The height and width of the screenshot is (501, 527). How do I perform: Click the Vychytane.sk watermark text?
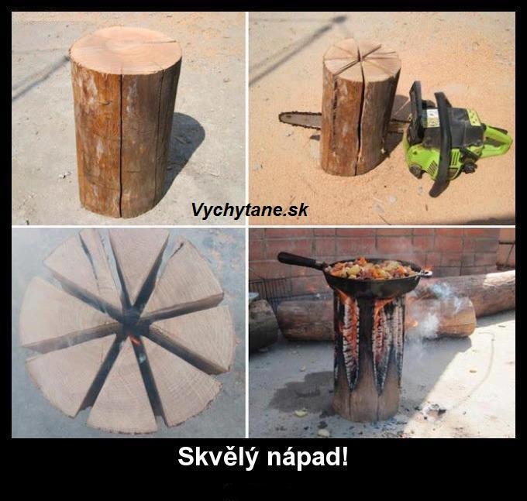250,211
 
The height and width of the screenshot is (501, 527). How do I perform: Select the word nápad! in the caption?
308,458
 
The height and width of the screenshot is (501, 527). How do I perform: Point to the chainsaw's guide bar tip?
280,117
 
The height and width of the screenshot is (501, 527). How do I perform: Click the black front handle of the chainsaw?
443,141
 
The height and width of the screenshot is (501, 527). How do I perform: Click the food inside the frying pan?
373,268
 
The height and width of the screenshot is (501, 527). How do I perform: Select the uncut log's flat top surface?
126,50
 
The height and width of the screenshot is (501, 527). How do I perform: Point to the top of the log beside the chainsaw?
361,57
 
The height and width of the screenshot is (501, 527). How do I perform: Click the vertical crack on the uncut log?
120,144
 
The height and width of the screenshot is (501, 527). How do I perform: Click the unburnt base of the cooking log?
366,403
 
